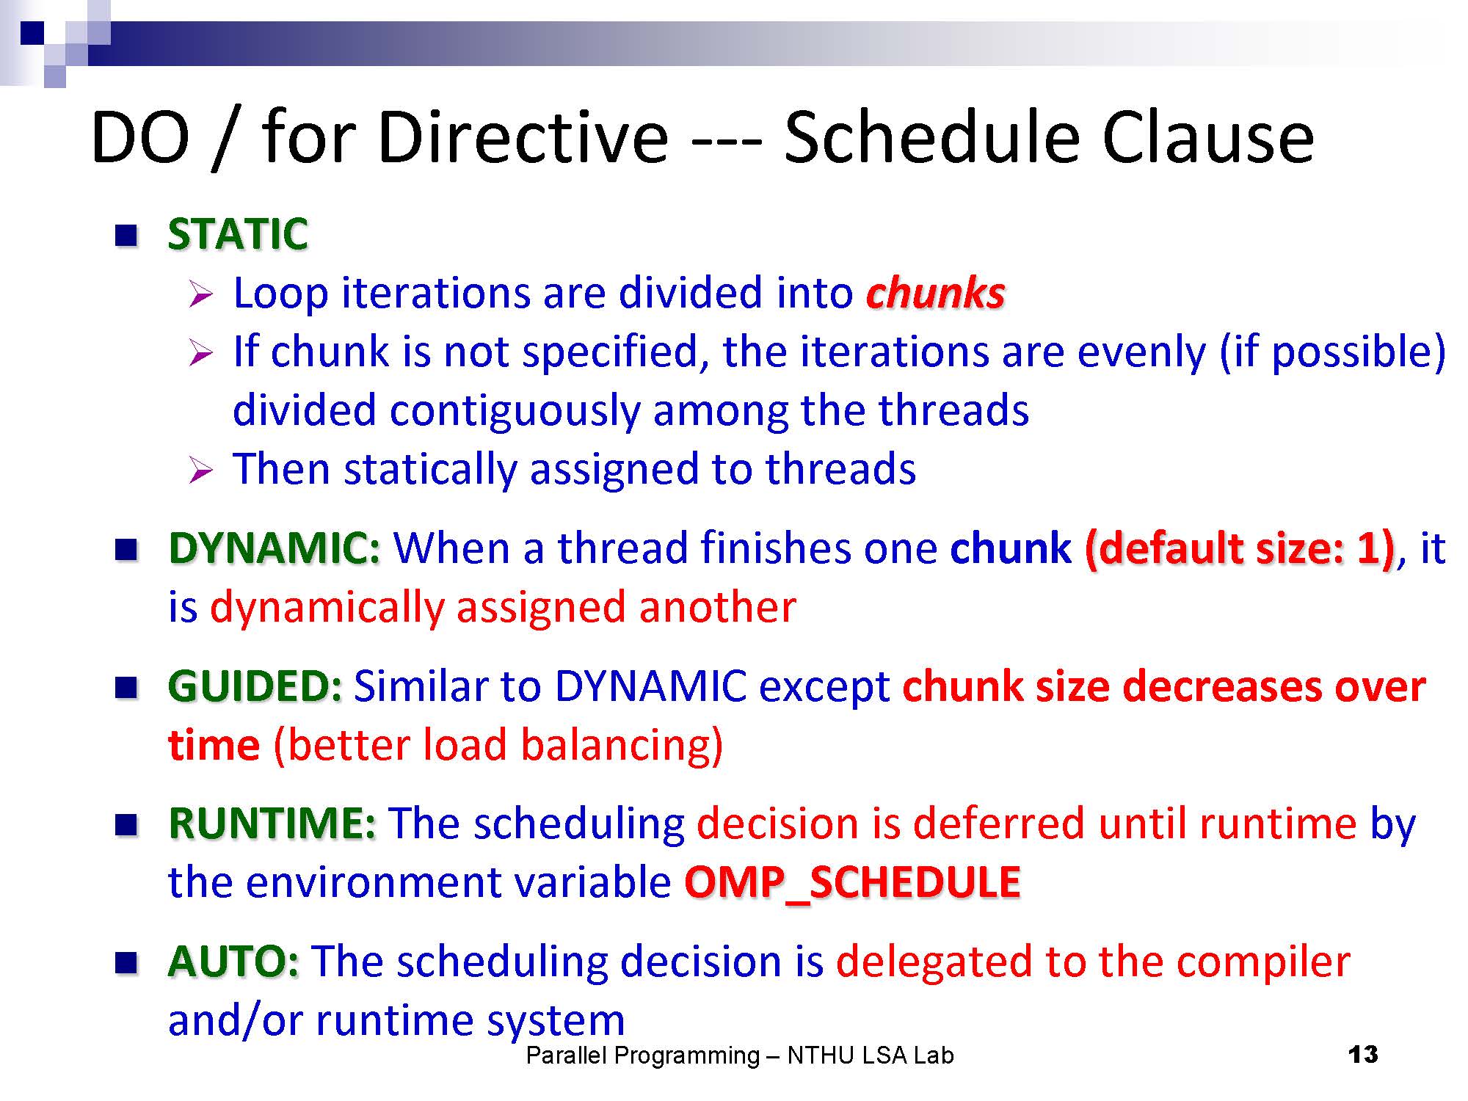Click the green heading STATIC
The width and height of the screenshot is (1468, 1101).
[238, 234]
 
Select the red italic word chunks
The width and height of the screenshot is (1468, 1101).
[936, 293]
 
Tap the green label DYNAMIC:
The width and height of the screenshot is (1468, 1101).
[275, 548]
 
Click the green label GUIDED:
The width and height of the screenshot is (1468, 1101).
[255, 686]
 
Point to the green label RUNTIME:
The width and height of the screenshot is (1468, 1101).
[272, 823]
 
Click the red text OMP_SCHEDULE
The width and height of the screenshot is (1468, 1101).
[852, 882]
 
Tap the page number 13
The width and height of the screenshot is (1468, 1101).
[1363, 1055]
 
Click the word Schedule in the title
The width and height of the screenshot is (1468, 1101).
[933, 137]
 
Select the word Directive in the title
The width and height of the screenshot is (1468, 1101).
[523, 137]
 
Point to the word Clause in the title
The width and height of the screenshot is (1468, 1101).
[1208, 137]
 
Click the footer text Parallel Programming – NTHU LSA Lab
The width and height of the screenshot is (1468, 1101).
[740, 1055]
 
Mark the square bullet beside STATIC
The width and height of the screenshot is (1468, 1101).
[126, 236]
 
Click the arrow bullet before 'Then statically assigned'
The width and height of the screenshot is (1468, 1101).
[200, 470]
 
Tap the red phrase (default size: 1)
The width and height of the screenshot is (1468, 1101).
[1240, 549]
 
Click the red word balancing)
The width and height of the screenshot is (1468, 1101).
[622, 746]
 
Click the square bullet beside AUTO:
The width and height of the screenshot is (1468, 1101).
[126, 962]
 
